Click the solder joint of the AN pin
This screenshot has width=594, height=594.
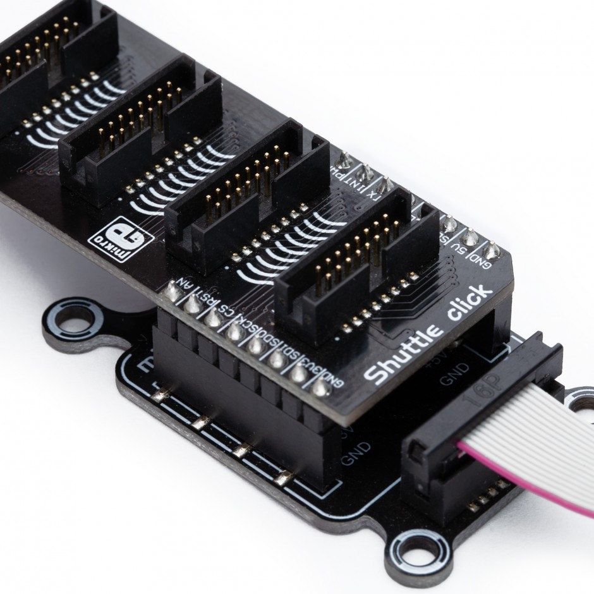(x=171, y=291)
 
